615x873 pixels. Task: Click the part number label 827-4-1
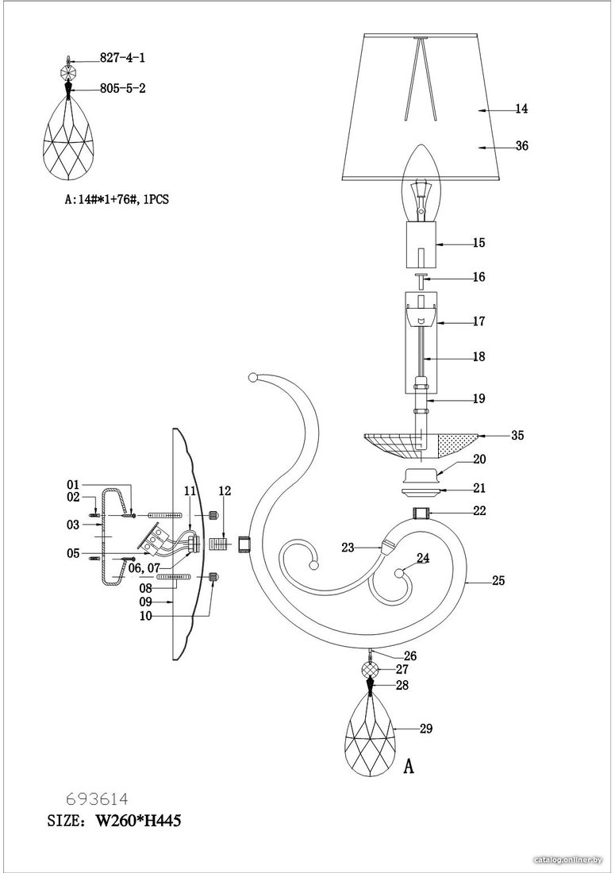(x=122, y=58)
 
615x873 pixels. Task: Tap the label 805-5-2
(x=122, y=89)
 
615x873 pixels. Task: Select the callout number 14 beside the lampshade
(x=521, y=110)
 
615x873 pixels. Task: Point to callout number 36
(x=521, y=147)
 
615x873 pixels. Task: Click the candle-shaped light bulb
(x=421, y=182)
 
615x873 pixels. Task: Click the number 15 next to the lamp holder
(x=479, y=244)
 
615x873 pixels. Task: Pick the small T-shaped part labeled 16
(x=422, y=279)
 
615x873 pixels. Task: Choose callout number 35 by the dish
(x=517, y=436)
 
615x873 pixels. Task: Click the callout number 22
(x=479, y=510)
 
